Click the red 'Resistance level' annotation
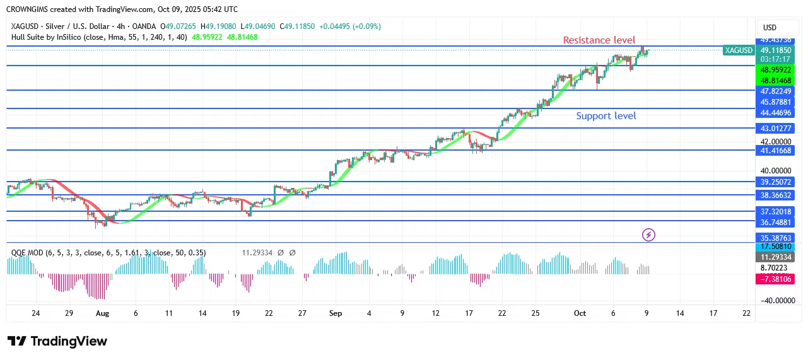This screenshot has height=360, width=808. click(599, 40)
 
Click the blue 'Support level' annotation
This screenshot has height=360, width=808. click(606, 116)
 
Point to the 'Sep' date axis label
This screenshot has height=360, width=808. click(335, 313)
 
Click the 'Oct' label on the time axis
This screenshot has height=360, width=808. click(580, 313)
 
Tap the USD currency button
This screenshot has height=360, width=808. click(770, 28)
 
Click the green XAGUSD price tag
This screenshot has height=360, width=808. click(739, 50)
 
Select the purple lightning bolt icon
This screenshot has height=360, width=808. click(648, 235)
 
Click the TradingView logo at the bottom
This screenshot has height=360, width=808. click(57, 341)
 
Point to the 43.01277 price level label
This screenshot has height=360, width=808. click(775, 129)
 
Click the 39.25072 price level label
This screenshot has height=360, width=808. click(775, 182)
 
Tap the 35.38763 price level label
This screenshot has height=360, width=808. click(775, 238)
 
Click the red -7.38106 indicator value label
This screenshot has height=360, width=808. click(775, 279)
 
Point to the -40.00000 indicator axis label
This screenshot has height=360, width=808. click(774, 301)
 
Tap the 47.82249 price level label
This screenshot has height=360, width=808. click(775, 91)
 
